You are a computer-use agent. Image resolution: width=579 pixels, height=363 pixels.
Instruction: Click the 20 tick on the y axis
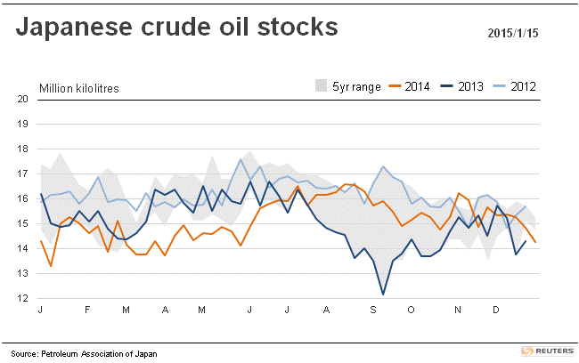24,99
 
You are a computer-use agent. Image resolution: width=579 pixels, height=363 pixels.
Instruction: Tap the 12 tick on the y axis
24,299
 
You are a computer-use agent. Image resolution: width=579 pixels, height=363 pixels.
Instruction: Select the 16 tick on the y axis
24,199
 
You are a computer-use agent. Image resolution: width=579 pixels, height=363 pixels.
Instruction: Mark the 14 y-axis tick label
24,249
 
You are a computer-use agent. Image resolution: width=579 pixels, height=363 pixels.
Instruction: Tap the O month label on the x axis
411,310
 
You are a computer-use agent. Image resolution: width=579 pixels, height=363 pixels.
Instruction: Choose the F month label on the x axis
87,310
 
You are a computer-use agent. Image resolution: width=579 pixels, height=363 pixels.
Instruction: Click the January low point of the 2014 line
51,266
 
